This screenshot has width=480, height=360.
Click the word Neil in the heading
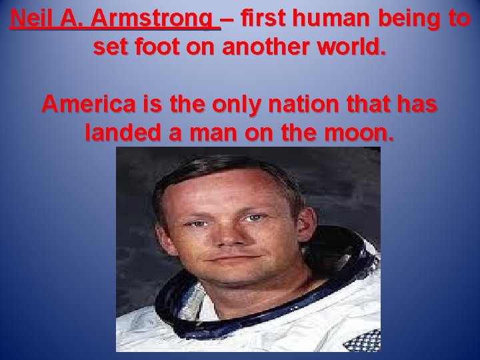click(x=31, y=19)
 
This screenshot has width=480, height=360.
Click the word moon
click(x=364, y=134)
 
